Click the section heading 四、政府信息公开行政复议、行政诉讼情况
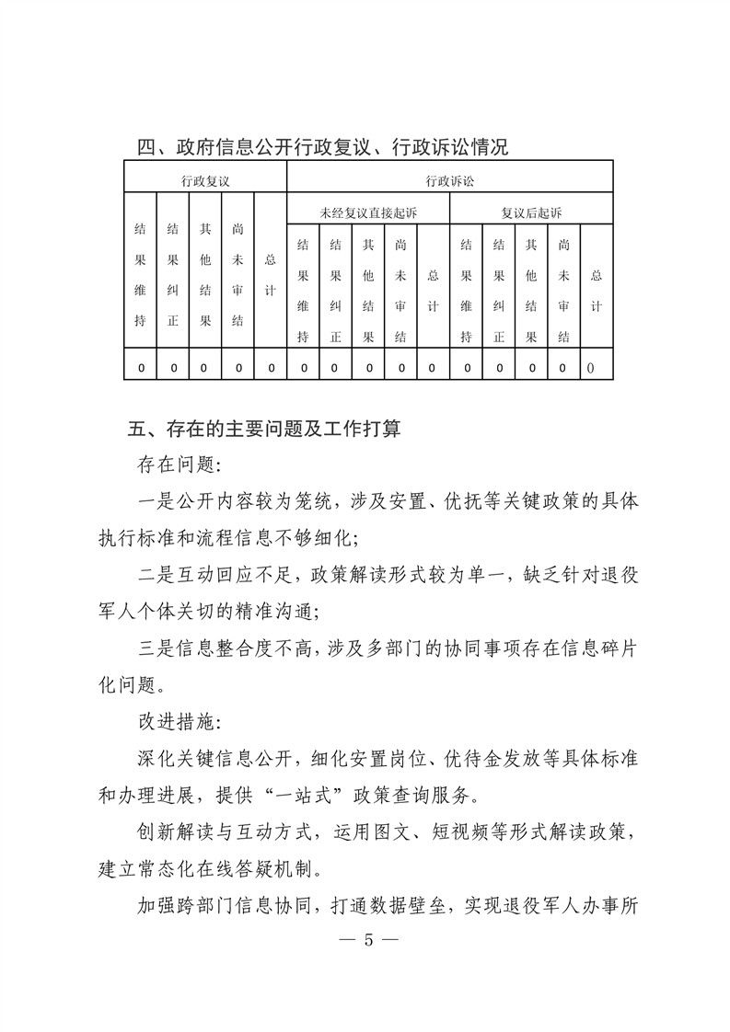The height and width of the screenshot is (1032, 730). [x=322, y=146]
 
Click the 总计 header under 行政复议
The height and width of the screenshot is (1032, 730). [x=270, y=275]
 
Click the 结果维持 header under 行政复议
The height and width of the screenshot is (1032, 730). [x=141, y=275]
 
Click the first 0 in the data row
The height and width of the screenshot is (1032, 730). [x=141, y=368]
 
